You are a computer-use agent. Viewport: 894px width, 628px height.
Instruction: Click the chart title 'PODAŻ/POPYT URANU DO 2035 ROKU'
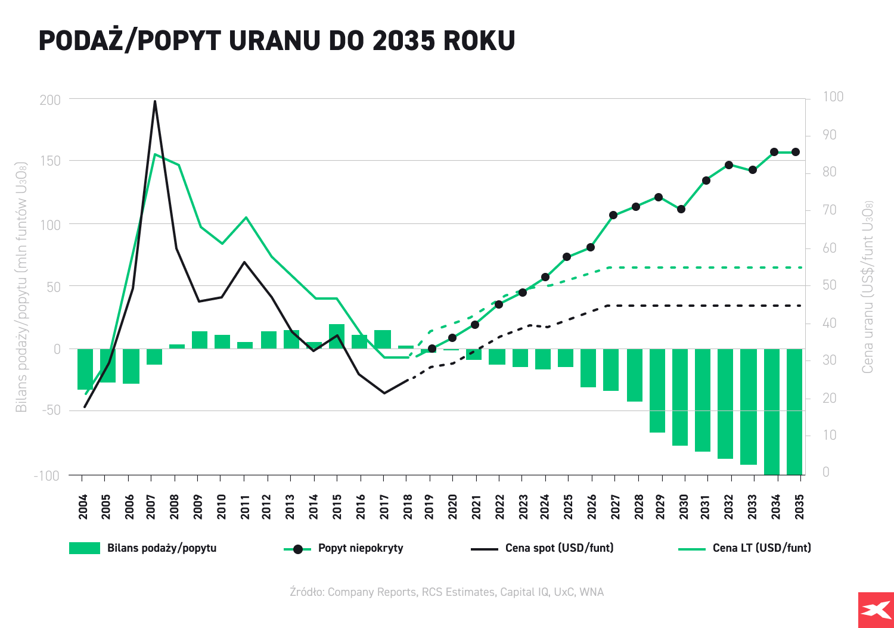(277, 41)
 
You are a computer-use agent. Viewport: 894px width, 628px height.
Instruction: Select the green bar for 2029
(657, 390)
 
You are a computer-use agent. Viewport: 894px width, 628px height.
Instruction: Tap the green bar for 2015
(337, 337)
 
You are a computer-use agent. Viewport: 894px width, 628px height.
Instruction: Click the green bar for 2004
(85, 369)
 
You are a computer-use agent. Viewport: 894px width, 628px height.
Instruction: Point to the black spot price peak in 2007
(155, 101)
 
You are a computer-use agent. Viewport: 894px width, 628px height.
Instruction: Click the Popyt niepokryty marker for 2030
(681, 209)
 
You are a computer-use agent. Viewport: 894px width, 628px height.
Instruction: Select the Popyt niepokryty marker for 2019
(432, 349)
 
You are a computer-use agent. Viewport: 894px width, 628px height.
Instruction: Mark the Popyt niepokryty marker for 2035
(796, 152)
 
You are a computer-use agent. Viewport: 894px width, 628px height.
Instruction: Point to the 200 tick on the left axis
(51, 100)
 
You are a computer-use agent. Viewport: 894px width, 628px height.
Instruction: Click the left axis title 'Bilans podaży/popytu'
(21, 286)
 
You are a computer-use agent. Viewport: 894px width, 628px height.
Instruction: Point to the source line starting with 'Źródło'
(446, 592)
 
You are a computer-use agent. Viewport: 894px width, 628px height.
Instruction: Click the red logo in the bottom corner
(876, 610)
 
